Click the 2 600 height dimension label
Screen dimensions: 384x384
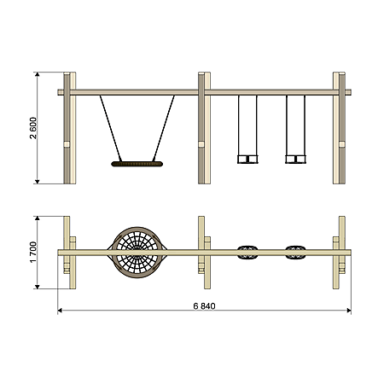pyautogui.click(x=33, y=128)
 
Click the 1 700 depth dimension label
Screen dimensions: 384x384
pyautogui.click(x=33, y=253)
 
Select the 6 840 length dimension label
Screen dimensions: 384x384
pyautogui.click(x=204, y=306)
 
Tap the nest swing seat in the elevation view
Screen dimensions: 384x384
pyautogui.click(x=137, y=164)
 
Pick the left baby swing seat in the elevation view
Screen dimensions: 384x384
pyautogui.click(x=247, y=159)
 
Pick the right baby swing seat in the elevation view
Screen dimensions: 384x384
pyautogui.click(x=295, y=159)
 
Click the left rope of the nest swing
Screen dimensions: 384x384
pyautogui.click(x=111, y=129)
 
